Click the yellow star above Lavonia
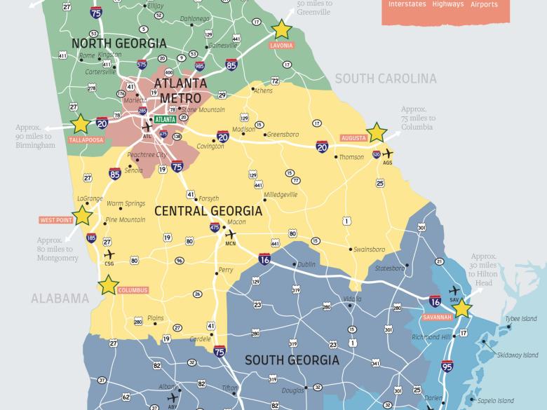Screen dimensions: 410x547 (281, 29)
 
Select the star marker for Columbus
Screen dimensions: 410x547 (108, 285)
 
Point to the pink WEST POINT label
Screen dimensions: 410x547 (55, 220)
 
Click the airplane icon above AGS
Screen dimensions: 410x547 (386, 153)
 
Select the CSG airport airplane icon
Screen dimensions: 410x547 (109, 254)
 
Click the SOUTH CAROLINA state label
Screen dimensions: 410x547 (386, 79)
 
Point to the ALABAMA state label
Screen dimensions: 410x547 (60, 299)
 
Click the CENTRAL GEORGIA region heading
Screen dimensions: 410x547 (208, 211)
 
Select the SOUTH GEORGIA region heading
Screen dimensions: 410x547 (291, 361)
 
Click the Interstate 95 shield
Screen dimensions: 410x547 (447, 365)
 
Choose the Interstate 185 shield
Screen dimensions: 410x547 (91, 238)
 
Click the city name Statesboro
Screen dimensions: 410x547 (390, 268)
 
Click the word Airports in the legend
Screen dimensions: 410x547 (484, 4)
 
